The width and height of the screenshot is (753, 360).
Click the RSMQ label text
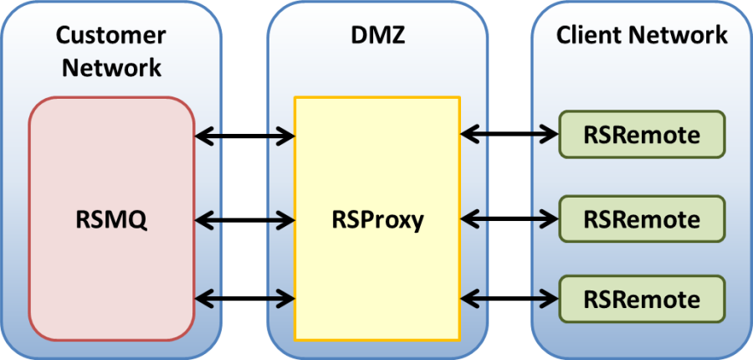click(x=111, y=219)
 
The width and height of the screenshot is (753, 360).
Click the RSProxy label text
click(x=376, y=220)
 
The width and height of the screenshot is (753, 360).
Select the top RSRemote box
click(x=642, y=134)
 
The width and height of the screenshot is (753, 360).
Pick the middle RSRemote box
click(x=642, y=219)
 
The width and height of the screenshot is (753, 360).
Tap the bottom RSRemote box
click(x=642, y=298)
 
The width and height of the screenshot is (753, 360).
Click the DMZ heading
click(x=376, y=35)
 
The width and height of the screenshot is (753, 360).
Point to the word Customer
click(x=111, y=35)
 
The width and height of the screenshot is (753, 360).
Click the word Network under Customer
click(x=111, y=67)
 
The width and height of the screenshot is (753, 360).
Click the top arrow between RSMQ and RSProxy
click(x=244, y=134)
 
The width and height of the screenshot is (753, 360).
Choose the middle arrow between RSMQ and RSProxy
click(x=244, y=220)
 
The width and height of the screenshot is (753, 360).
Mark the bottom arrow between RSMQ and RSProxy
click(x=244, y=296)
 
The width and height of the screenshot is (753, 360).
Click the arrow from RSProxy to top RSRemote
click(x=510, y=134)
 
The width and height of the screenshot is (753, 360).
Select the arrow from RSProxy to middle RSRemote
click(x=510, y=219)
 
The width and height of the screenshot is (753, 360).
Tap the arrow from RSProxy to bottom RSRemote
click(x=510, y=297)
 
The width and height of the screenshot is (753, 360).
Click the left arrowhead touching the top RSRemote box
click(x=551, y=134)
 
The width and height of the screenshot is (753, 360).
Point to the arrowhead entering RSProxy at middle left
click(x=287, y=220)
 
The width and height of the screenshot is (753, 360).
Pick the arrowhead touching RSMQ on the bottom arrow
click(x=202, y=296)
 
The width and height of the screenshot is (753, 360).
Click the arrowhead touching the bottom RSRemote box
click(x=551, y=297)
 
